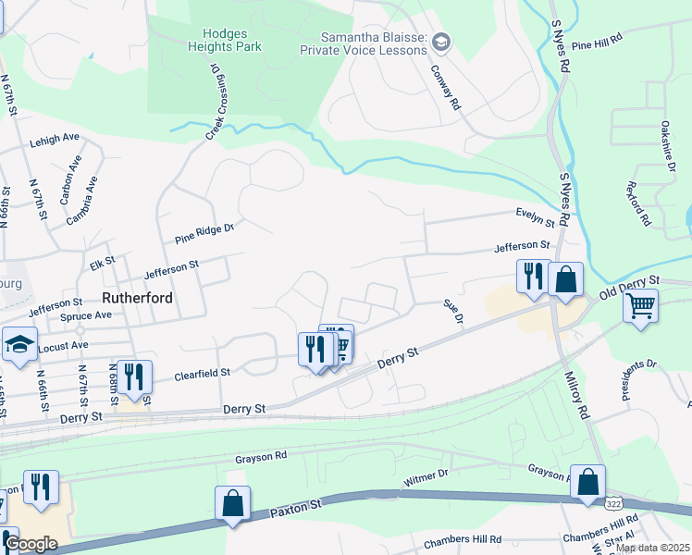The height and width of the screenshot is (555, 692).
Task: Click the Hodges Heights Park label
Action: coord(225,40)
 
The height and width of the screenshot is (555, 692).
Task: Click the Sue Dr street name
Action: coord(452,310)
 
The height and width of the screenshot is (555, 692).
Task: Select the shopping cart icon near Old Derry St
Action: coord(640,305)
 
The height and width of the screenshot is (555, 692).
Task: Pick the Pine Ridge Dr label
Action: coord(204,233)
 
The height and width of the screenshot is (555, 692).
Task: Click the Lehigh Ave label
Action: coord(55,139)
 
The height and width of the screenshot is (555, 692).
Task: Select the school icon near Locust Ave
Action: coord(19,344)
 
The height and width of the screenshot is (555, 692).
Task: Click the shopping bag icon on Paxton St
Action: coord(233,503)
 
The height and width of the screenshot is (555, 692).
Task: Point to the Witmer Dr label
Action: coord(426,478)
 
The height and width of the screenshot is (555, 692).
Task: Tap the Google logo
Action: coord(31,544)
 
